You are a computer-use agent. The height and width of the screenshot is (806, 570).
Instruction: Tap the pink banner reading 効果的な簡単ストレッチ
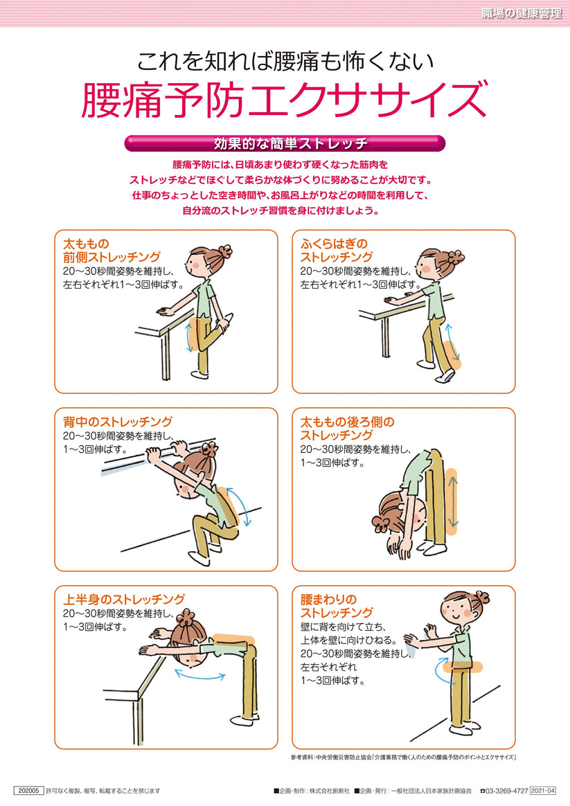click(x=285, y=144)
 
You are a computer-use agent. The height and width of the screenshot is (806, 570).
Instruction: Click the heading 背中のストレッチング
click(x=118, y=422)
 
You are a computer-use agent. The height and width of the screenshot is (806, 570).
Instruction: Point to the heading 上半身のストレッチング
click(x=124, y=599)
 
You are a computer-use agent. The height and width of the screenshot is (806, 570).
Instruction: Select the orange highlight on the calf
click(x=452, y=354)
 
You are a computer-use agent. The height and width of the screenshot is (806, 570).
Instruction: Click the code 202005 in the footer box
click(x=28, y=790)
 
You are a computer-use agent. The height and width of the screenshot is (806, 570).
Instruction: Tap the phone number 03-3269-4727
click(x=508, y=790)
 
